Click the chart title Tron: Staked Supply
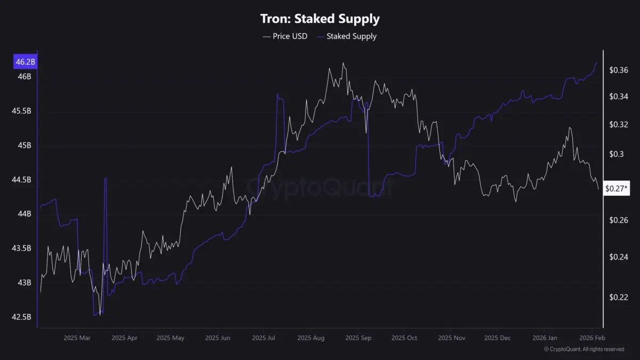pyautogui.click(x=320, y=19)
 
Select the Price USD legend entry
pyautogui.click(x=285, y=36)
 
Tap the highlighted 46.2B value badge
pyautogui.click(x=25, y=62)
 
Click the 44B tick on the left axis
pyautogui.click(x=25, y=214)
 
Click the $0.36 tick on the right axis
pyautogui.click(x=619, y=70)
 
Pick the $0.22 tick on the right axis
pyautogui.click(x=619, y=297)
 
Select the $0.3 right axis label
pyautogui.click(x=617, y=154)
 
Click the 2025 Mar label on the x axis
pyautogui.click(x=77, y=338)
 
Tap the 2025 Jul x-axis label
pyautogui.click(x=263, y=338)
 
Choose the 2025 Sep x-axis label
pyautogui.click(x=358, y=338)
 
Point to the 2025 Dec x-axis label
pyautogui.click(x=498, y=338)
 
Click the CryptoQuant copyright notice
pyautogui.click(x=584, y=349)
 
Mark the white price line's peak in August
pyautogui.click(x=343, y=63)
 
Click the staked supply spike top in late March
pyautogui.click(x=106, y=178)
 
